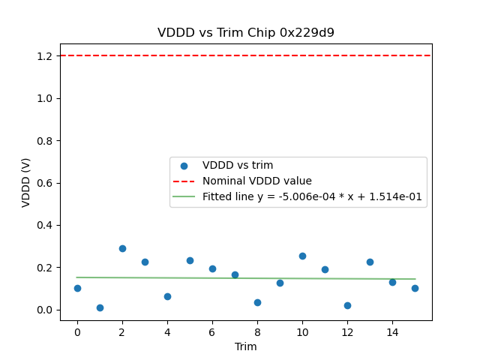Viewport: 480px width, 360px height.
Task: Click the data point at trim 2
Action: pyautogui.click(x=122, y=248)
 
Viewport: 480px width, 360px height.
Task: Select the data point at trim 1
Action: pyautogui.click(x=100, y=307)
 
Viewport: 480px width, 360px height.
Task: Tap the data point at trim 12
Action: pyautogui.click(x=347, y=305)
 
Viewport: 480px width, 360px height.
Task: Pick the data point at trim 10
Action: pyautogui.click(x=302, y=256)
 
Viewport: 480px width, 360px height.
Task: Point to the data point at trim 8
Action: pyautogui.click(x=257, y=302)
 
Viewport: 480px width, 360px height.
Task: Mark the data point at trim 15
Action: pyautogui.click(x=415, y=288)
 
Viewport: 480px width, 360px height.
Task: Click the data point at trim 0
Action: pyautogui.click(x=77, y=288)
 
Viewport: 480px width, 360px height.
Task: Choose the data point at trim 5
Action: pyautogui.click(x=190, y=260)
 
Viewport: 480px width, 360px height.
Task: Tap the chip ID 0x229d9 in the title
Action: pyautogui.click(x=307, y=33)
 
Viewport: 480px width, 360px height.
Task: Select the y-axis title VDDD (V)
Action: pyautogui.click(x=26, y=182)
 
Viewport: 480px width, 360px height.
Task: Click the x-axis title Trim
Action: pyautogui.click(x=246, y=346)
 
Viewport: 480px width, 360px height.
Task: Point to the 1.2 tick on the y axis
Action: pyautogui.click(x=46, y=56)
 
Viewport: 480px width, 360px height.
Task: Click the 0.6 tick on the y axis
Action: pyautogui.click(x=46, y=183)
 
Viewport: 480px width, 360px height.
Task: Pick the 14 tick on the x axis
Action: pyautogui.click(x=392, y=331)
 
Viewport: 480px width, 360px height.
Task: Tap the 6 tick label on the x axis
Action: pyautogui.click(x=212, y=331)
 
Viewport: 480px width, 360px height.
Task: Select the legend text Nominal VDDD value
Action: pyautogui.click(x=256, y=181)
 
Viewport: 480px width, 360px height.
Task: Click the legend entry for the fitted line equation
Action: pyautogui.click(x=312, y=196)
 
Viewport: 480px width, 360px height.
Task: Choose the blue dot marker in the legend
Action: pyautogui.click(x=184, y=165)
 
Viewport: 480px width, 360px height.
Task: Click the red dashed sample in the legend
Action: pyautogui.click(x=184, y=181)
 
